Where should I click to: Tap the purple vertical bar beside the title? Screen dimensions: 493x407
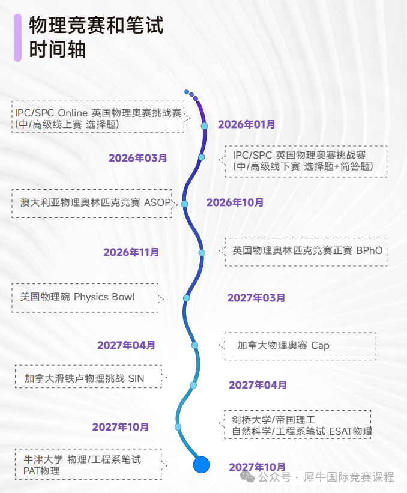click(17, 38)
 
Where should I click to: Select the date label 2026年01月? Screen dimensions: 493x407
click(246, 124)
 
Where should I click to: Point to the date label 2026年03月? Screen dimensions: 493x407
click(137, 158)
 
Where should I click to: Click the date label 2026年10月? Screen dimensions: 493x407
click(235, 202)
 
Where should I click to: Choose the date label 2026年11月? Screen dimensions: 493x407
click(131, 252)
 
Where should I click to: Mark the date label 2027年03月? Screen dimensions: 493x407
click(256, 298)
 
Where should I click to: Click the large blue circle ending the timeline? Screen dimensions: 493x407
click(201, 464)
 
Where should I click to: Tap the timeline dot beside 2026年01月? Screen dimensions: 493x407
click(204, 126)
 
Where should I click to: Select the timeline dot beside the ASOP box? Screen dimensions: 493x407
click(185, 204)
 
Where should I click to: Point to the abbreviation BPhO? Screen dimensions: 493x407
click(369, 250)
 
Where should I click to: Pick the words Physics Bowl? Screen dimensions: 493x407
click(104, 297)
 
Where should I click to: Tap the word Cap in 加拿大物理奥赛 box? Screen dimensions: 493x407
click(320, 345)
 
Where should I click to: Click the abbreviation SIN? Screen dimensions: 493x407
click(136, 378)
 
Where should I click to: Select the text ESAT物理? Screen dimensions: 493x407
click(351, 431)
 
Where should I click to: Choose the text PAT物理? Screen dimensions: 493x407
click(41, 471)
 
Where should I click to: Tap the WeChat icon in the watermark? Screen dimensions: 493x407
click(247, 477)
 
